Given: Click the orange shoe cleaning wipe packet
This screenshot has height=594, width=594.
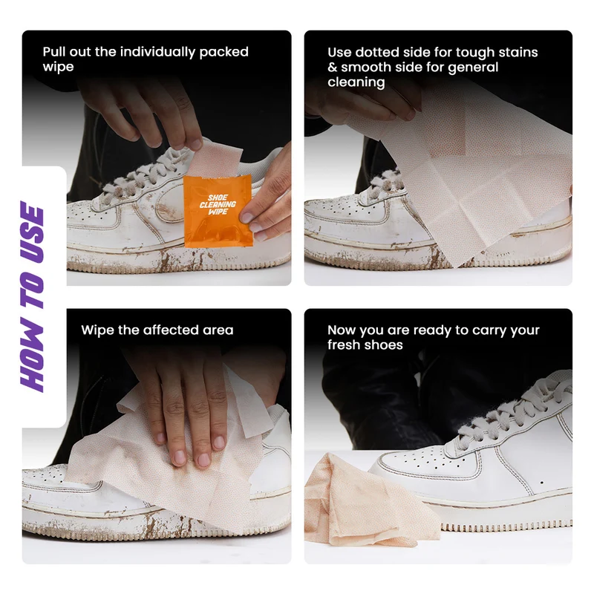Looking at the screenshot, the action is click(x=218, y=211).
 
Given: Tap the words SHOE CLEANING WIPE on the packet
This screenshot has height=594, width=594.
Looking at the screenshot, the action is click(x=218, y=205).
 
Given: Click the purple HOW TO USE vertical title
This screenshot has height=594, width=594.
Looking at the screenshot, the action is click(x=33, y=296).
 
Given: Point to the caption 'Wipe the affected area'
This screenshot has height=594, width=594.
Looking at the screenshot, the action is click(x=157, y=330).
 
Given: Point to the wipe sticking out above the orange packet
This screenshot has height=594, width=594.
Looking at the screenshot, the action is click(x=215, y=159).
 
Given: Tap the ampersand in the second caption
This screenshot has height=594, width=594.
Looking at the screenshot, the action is click(x=332, y=68).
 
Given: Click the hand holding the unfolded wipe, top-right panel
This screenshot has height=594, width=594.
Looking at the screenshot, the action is click(x=364, y=102).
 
